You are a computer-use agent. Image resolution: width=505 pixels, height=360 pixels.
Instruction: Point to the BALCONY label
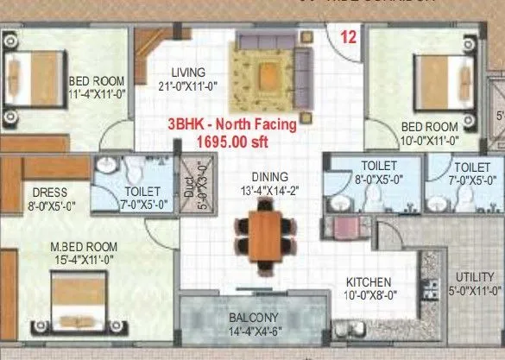pyautogui.click(x=253, y=317)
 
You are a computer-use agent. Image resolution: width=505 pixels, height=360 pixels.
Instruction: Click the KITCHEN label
pyautogui.click(x=369, y=282)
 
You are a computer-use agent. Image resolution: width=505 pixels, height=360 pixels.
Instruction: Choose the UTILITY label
pyautogui.click(x=474, y=276)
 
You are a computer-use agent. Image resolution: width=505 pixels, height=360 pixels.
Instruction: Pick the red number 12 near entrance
pyautogui.click(x=349, y=37)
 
